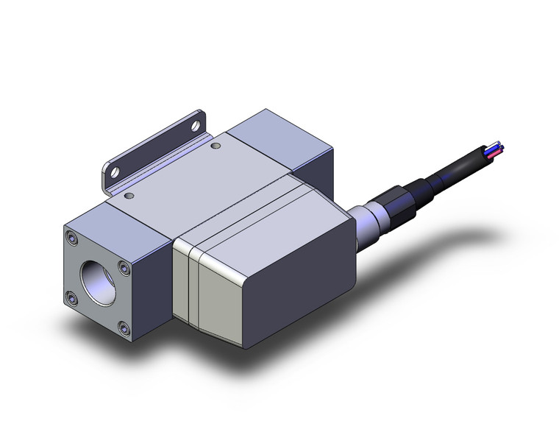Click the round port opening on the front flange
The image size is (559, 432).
[97, 276]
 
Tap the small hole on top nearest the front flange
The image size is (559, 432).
[129, 196]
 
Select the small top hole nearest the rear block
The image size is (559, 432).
[216, 146]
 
